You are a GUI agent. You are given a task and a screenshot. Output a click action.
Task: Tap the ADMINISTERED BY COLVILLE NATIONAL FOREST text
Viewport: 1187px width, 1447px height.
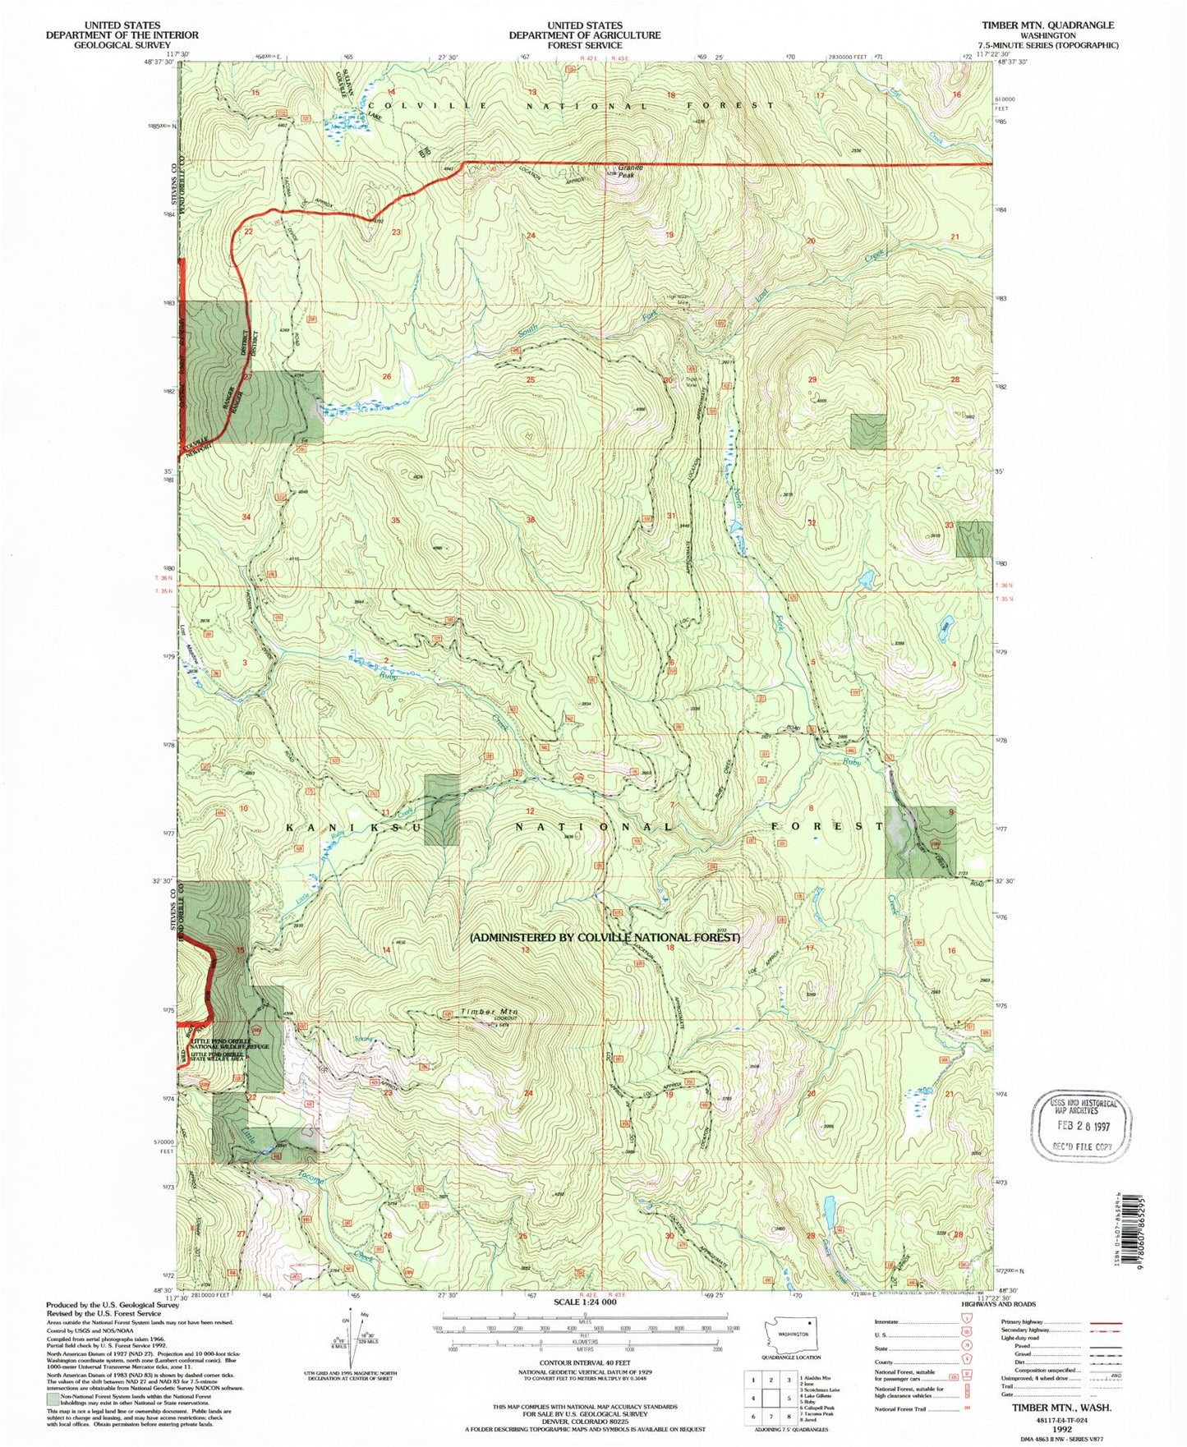click(605, 937)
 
